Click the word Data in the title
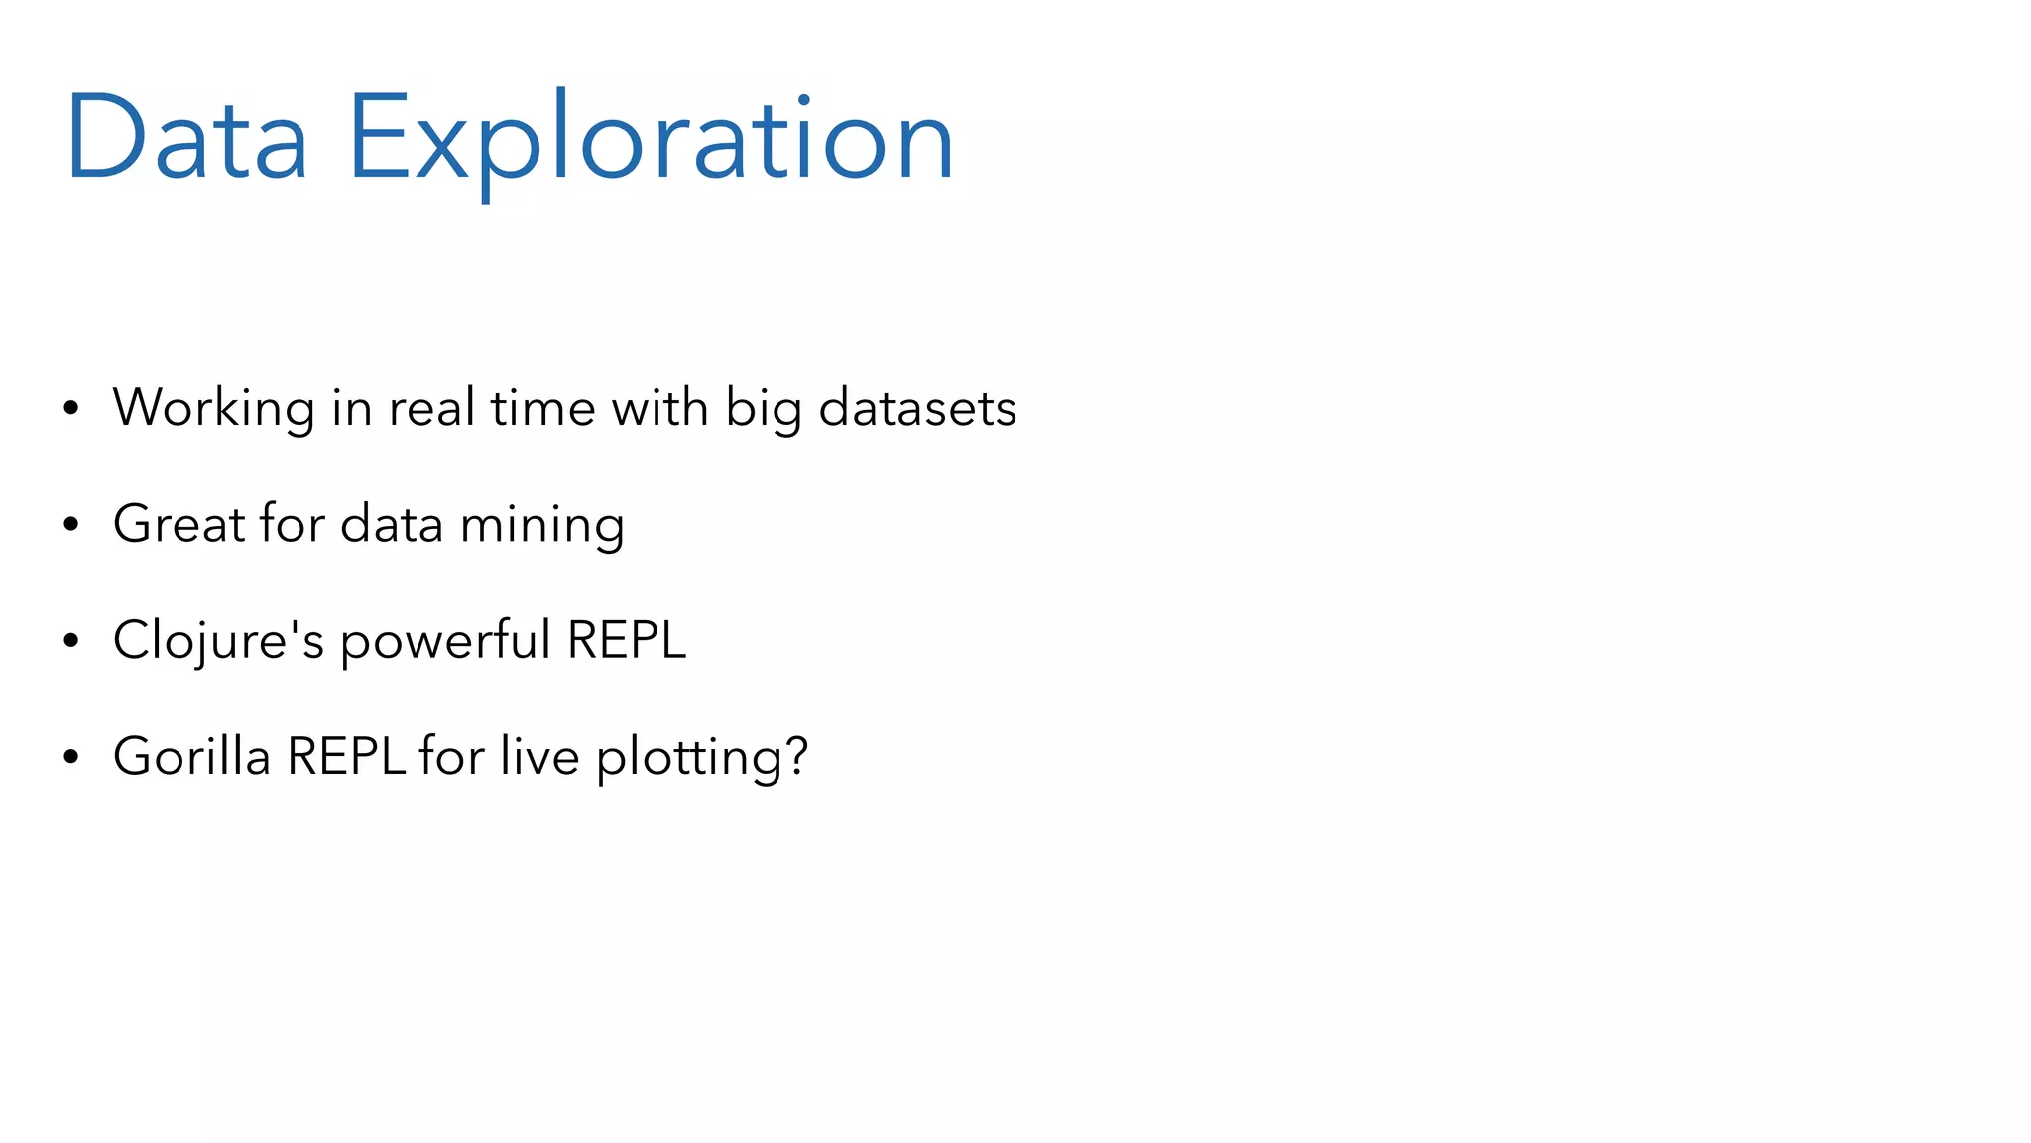(186, 138)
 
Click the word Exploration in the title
(651, 138)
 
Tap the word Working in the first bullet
(213, 408)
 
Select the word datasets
(917, 408)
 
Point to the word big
(763, 410)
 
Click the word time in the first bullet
(542, 408)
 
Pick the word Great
(179, 524)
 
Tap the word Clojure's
(218, 640)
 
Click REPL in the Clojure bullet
(627, 640)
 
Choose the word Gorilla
(191, 756)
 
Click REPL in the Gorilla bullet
(346, 756)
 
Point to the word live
(539, 756)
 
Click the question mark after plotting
(796, 756)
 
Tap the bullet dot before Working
(70, 408)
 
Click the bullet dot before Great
(70, 525)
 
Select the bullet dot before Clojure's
(70, 641)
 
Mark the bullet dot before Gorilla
(70, 757)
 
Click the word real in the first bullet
(431, 408)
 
